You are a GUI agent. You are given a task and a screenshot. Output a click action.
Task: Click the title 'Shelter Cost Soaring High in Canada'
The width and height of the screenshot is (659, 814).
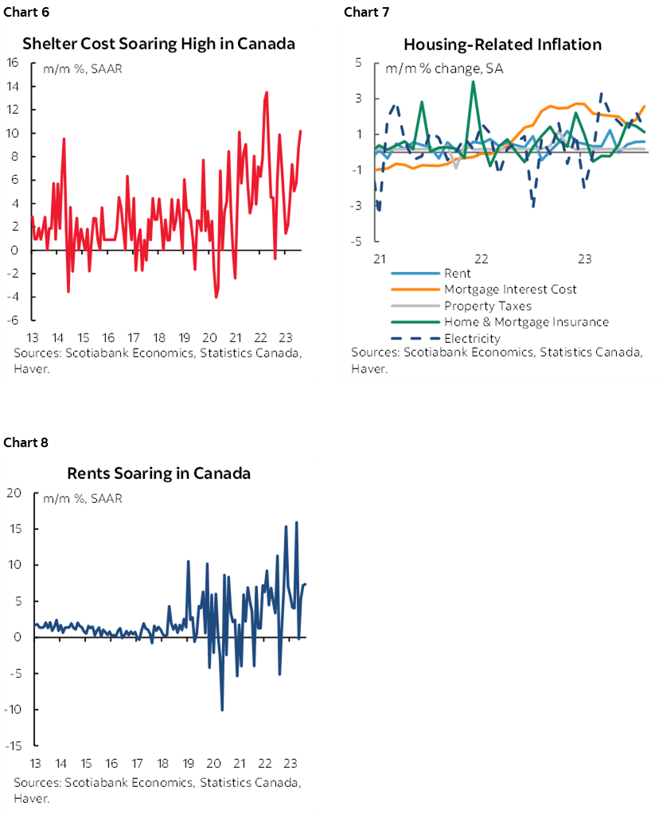[158, 44]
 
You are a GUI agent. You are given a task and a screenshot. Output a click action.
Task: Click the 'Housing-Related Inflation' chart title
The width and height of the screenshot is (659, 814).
[501, 44]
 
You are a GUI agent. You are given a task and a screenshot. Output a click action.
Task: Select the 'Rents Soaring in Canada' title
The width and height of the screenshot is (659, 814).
[158, 473]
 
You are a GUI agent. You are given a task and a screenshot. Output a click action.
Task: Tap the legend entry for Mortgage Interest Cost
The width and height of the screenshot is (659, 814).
[510, 289]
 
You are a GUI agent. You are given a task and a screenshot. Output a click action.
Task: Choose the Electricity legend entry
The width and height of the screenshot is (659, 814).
[472, 338]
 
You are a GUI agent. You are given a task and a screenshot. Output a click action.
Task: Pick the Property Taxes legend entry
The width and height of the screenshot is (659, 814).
[487, 306]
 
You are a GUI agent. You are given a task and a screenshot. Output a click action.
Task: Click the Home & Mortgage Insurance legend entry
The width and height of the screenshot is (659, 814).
[526, 321]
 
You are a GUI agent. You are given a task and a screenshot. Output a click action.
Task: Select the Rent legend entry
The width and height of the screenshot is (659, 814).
[457, 273]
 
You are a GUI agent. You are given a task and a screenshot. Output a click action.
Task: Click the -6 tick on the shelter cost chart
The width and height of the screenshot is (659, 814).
[14, 320]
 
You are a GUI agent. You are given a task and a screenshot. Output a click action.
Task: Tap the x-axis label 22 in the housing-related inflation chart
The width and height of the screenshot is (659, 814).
[481, 259]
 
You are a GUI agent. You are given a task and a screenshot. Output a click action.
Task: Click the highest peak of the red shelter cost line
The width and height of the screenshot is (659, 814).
[266, 92]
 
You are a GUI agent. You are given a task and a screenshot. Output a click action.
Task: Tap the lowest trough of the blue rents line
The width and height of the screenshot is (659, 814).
[222, 710]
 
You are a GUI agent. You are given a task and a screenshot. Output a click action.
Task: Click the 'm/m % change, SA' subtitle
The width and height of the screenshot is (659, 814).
[444, 68]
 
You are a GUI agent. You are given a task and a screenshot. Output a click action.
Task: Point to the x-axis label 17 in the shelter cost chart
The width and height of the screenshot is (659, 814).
[135, 337]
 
